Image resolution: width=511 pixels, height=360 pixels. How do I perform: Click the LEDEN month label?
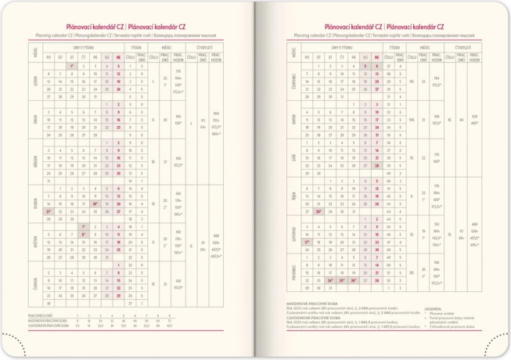click(x=36, y=81)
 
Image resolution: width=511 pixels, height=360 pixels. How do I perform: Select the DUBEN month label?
click(x=36, y=201)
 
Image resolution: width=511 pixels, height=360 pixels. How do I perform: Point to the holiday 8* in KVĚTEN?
click(x=83, y=234)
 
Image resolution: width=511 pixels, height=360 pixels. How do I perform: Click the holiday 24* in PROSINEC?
click(x=330, y=279)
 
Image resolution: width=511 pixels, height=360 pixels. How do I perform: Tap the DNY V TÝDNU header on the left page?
click(x=83, y=48)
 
